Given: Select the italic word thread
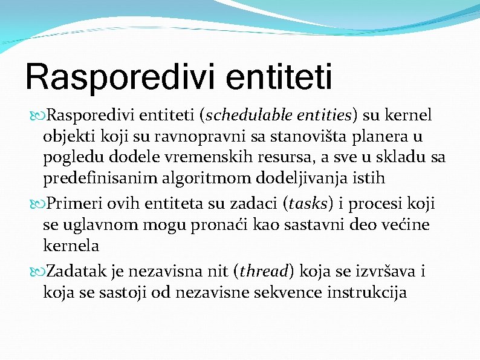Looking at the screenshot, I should (265, 271).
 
